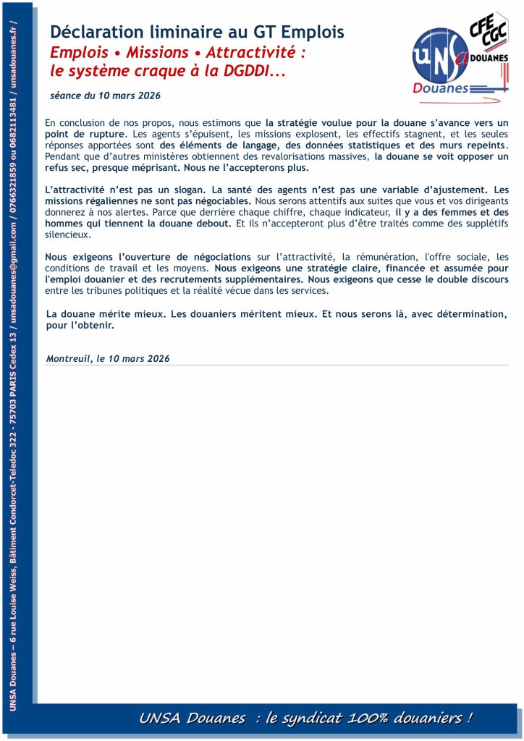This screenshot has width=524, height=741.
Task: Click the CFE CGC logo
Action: (487, 33)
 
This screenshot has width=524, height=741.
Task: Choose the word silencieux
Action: (67, 234)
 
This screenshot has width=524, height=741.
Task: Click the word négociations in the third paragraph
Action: (216, 257)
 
